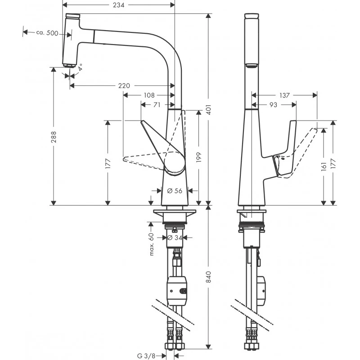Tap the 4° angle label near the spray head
coord(80,67)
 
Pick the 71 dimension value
coord(157,105)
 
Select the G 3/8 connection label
coord(147,355)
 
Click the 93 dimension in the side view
coord(273,105)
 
